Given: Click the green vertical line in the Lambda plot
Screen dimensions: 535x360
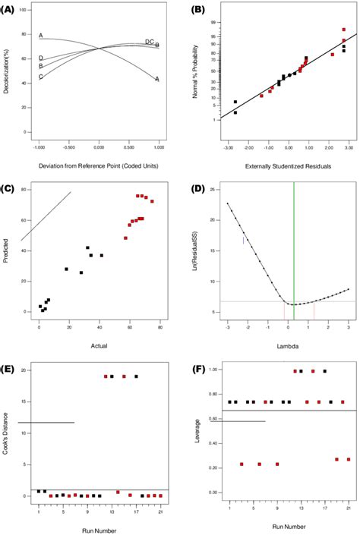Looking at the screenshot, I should click(294, 250).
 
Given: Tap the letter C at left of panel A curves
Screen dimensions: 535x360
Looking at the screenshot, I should click(41, 77).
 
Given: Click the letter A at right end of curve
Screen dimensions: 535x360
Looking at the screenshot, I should click(157, 79).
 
